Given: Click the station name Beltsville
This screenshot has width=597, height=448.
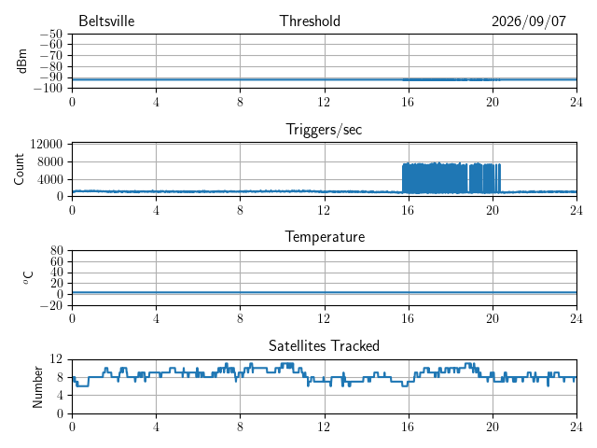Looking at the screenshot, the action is point(106,21).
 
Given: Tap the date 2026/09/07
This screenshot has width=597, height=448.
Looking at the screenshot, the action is point(529,21).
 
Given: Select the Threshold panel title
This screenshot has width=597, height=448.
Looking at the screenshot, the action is point(310,21).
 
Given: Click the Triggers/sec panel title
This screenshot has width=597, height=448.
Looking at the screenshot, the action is point(324,130).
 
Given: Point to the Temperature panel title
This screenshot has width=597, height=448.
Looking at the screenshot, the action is point(325,237).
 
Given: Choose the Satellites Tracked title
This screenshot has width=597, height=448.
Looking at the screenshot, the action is point(324,345).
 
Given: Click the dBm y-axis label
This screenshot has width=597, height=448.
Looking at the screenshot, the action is point(21,61).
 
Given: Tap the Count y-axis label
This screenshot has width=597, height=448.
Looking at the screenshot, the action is point(19,169).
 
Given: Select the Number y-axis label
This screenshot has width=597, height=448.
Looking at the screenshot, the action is point(37,387).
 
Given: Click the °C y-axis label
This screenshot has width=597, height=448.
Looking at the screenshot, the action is point(28,278).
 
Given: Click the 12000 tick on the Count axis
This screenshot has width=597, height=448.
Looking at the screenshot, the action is point(46,144).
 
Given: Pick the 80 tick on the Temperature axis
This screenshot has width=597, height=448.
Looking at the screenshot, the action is point(56,250).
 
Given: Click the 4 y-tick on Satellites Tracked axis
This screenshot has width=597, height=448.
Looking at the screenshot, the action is point(60,396).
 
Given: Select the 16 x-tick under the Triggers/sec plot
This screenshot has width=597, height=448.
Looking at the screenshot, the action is point(408,210).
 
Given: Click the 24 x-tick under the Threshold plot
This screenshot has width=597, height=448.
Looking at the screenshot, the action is point(576,102).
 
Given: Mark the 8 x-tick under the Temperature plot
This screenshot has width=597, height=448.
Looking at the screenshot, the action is point(240,318).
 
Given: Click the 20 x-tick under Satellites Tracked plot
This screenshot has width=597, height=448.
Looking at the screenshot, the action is point(492,427).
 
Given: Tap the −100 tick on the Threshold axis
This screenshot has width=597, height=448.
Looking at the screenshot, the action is point(48,89).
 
